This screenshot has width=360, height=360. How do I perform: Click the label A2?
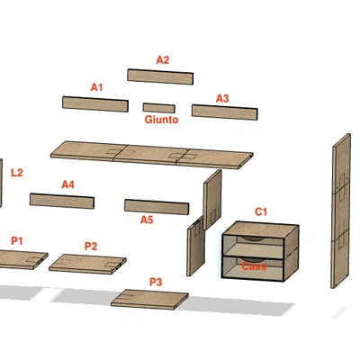(163, 60)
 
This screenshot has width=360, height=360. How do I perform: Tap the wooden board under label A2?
(160, 76)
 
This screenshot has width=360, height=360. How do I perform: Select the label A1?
(97, 87)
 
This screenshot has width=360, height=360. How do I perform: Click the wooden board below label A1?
(95, 104)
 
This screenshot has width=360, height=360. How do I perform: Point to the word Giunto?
(161, 120)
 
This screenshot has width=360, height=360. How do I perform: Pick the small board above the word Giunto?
(159, 108)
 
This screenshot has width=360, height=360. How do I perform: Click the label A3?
(222, 98)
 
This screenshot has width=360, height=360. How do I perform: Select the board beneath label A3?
(225, 112)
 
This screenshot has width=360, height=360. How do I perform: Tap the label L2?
(17, 173)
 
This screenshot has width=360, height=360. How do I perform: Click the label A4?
(68, 184)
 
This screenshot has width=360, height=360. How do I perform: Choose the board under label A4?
(62, 201)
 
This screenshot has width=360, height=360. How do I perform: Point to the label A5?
(147, 220)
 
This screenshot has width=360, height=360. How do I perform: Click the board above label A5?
(157, 207)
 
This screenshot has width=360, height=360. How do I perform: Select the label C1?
(261, 211)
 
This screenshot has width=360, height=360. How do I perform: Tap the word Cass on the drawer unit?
(254, 266)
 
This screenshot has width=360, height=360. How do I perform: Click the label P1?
(17, 240)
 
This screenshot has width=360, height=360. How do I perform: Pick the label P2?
(91, 247)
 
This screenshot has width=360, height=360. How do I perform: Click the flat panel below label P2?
(87, 264)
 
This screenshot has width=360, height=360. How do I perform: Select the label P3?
(156, 282)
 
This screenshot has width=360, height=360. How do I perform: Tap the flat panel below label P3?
(149, 300)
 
